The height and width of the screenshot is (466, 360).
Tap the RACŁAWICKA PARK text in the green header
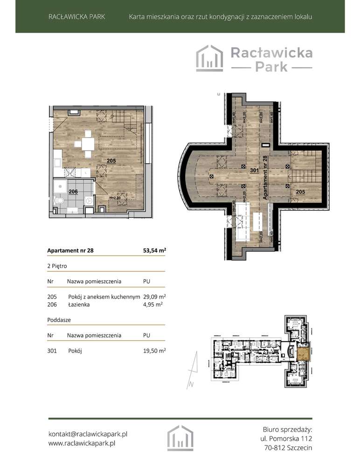[x=76, y=17]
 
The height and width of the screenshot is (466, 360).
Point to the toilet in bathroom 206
[x=60, y=202]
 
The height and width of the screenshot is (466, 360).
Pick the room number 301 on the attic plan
[x=254, y=170]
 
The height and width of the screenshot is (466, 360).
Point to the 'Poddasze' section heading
[x=59, y=320]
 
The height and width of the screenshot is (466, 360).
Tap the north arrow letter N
[x=191, y=385]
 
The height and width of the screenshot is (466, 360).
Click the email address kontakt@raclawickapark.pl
[x=88, y=434]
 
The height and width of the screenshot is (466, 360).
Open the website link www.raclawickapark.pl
[x=82, y=444]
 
